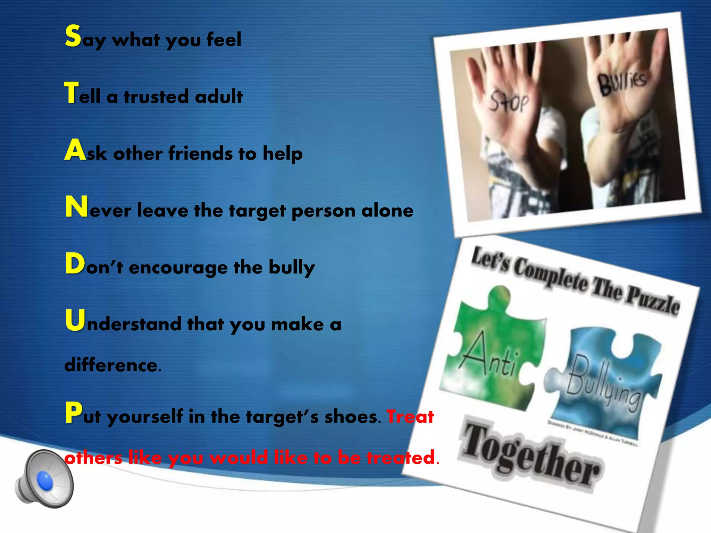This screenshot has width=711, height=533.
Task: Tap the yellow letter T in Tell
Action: pyautogui.click(x=72, y=93)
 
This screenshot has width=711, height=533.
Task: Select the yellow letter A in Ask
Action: pyautogui.click(x=75, y=150)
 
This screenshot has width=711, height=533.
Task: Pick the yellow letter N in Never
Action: pyautogui.click(x=76, y=207)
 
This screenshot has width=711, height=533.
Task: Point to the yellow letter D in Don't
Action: pyautogui.click(x=75, y=264)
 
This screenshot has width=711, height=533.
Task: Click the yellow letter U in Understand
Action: pyautogui.click(x=75, y=321)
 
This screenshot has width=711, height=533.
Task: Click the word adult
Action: pyautogui.click(x=219, y=96)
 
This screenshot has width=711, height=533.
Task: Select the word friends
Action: pyautogui.click(x=200, y=153)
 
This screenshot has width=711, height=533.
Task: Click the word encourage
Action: pyautogui.click(x=178, y=268)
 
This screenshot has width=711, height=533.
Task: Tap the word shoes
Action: pyautogui.click(x=351, y=416)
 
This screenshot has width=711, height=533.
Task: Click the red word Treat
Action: pyautogui.click(x=410, y=416)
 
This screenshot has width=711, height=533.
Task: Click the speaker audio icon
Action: pyautogui.click(x=44, y=479)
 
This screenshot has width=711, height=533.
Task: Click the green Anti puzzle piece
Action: pyautogui.click(x=493, y=350)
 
